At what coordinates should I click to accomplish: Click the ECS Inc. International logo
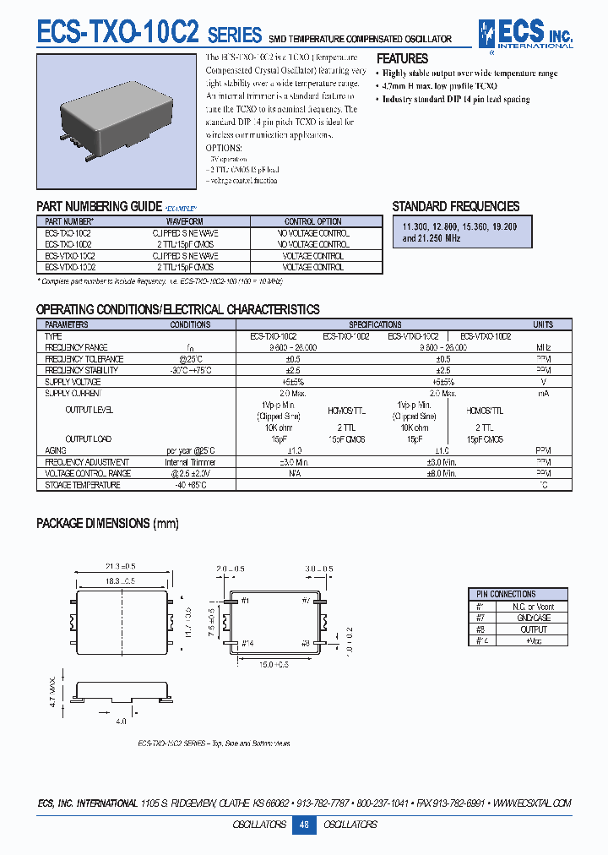524,33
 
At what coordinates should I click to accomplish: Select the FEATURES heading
402,59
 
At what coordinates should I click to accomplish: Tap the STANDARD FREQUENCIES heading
455,206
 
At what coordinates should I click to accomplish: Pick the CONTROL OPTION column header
312,222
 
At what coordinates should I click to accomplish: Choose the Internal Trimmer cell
190,462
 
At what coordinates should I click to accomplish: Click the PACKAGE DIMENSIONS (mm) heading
107,524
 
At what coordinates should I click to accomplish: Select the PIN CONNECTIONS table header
507,594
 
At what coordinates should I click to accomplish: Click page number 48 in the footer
304,825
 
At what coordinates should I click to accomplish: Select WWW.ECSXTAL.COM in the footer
531,803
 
